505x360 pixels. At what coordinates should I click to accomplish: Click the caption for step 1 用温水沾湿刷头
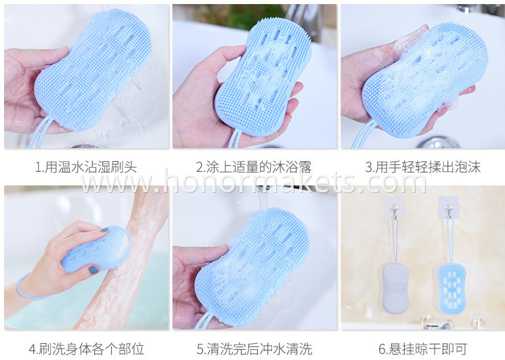(x=86, y=167)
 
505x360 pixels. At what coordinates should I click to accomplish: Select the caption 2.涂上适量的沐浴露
(x=254, y=167)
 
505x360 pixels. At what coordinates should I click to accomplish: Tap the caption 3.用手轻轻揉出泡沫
(x=422, y=167)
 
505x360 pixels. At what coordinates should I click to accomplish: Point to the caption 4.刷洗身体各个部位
(x=87, y=348)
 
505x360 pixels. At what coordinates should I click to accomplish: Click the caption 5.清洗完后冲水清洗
(x=255, y=348)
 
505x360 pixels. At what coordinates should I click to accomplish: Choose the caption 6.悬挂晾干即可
(x=422, y=348)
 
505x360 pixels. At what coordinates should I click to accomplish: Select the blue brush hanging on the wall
(x=451, y=288)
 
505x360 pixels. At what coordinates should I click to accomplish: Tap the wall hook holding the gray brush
(x=393, y=208)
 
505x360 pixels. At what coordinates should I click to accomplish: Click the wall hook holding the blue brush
(x=448, y=208)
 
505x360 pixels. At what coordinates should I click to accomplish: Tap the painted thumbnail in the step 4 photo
(x=93, y=270)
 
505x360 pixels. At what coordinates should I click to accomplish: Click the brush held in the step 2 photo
(x=263, y=77)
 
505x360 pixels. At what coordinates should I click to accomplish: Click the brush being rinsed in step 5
(x=251, y=267)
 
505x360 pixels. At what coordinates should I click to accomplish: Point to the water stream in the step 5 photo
(x=262, y=198)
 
